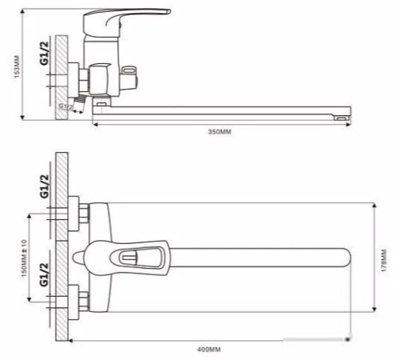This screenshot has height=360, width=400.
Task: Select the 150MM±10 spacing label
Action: (25, 257)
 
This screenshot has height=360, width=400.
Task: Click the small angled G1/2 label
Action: (67, 105)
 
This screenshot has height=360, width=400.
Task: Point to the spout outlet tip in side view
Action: (342, 118)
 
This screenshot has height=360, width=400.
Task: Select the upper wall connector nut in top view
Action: (82, 214)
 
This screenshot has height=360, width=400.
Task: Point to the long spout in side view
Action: (224, 115)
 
